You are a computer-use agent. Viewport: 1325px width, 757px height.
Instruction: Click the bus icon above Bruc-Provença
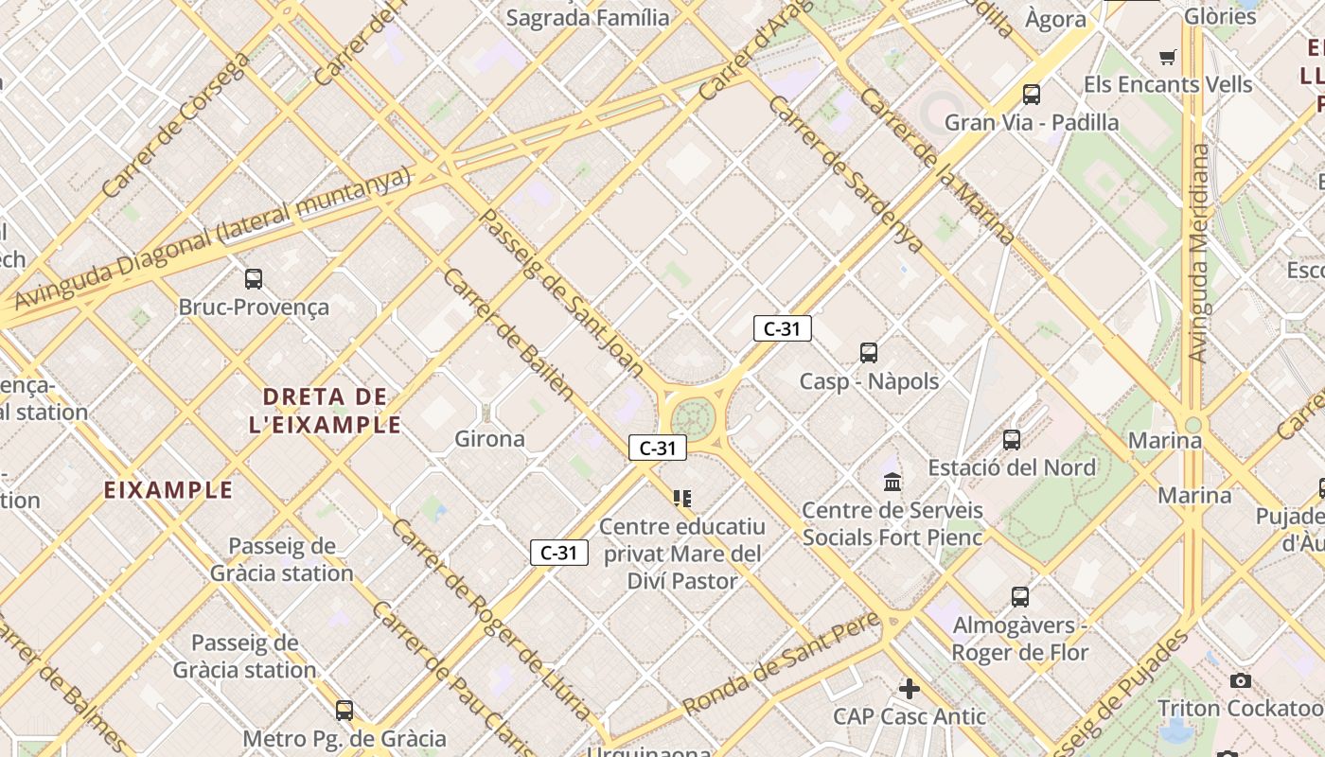(x=254, y=279)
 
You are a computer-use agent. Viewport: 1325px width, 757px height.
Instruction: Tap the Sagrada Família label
(x=588, y=17)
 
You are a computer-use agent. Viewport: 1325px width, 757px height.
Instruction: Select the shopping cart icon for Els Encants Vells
(x=1168, y=58)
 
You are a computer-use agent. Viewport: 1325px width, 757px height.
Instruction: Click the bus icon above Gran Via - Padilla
(x=1032, y=95)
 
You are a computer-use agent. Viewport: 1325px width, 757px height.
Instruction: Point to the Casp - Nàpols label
(x=869, y=381)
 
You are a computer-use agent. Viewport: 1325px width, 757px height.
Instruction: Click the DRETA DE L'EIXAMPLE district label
(x=326, y=411)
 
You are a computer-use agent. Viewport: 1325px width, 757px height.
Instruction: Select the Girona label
(x=489, y=439)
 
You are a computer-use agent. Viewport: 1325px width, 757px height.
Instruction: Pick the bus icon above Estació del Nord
(x=1012, y=440)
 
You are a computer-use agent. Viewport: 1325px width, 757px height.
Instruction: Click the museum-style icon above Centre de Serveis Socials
(x=892, y=484)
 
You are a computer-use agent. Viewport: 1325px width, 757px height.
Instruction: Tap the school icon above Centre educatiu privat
(x=681, y=499)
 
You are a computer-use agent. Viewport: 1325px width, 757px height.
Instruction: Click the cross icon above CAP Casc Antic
(x=910, y=689)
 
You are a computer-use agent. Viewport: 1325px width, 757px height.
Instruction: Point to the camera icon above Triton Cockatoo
(x=1241, y=681)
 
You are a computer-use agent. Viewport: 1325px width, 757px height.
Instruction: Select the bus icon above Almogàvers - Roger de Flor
(x=1019, y=597)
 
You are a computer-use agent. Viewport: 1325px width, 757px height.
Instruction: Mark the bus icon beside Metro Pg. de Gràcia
(x=344, y=711)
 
